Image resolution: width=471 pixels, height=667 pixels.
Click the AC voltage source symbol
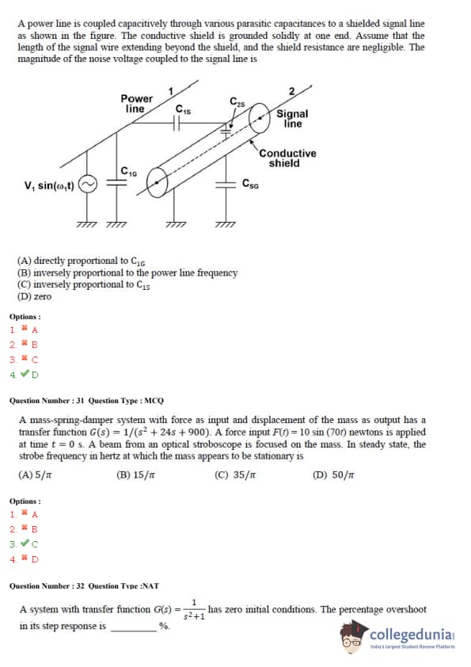[x=88, y=185]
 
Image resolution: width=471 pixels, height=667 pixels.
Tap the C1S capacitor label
[x=183, y=109]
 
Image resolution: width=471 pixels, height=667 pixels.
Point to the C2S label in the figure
[x=237, y=101]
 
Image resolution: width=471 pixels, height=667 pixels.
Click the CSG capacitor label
[x=250, y=183]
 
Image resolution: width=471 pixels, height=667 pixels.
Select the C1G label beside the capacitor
[x=129, y=171]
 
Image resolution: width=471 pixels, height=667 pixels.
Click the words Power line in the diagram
[x=136, y=104]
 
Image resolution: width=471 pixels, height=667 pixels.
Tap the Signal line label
[x=292, y=119]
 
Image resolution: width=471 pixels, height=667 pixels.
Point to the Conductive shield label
[x=288, y=158]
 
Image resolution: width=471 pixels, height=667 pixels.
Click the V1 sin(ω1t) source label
[x=49, y=185]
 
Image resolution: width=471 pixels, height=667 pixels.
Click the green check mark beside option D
[x=25, y=373]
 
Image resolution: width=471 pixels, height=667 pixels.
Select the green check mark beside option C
[x=25, y=543]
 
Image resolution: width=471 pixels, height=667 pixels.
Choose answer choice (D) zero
[x=34, y=296]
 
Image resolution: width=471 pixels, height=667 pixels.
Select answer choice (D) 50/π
[x=333, y=475]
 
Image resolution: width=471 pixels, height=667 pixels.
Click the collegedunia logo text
[x=412, y=635]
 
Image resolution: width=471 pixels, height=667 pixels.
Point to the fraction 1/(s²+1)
[x=194, y=610]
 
